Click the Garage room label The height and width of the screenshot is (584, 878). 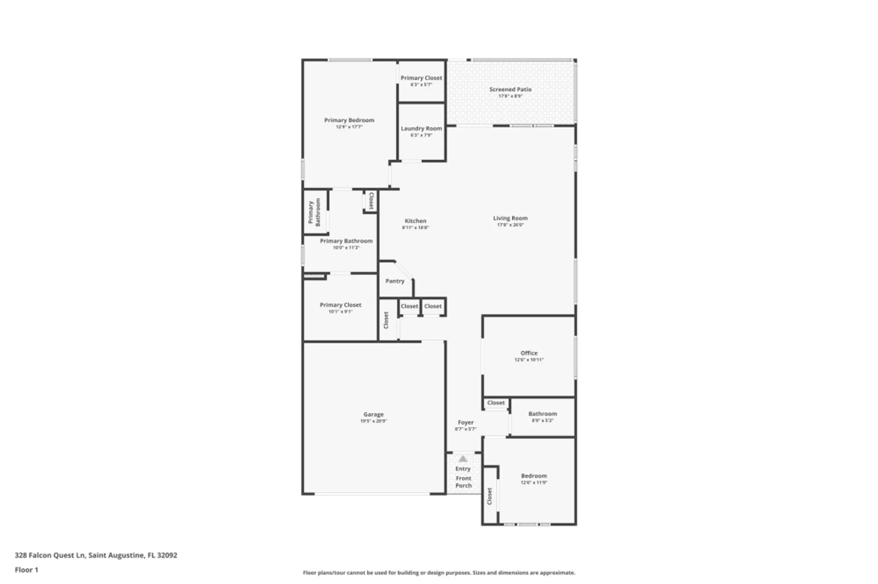pos(373,414)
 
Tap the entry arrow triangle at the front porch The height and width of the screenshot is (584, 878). pos(463,459)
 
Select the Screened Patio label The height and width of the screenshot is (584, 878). pos(510,89)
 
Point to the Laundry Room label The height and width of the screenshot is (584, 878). pos(421,128)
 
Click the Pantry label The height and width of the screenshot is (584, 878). pos(395,281)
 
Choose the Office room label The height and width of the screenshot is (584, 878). pos(529,353)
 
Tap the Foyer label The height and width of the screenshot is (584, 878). pos(465,423)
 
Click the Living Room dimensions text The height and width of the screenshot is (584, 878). pos(510,225)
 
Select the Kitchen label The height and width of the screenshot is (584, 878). pos(415,221)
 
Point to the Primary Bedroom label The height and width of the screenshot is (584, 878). pos(349,120)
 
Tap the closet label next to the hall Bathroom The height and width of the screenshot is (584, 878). pos(496,402)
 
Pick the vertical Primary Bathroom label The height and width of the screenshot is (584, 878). pos(314,212)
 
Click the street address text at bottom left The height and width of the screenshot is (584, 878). pos(96,555)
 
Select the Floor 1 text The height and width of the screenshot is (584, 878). pos(26,570)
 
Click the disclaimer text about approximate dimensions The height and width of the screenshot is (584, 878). pos(439,573)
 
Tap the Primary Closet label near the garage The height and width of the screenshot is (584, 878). pos(340,305)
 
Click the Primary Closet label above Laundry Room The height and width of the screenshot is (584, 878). pos(421,78)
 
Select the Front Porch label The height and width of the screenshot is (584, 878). pos(463,482)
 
